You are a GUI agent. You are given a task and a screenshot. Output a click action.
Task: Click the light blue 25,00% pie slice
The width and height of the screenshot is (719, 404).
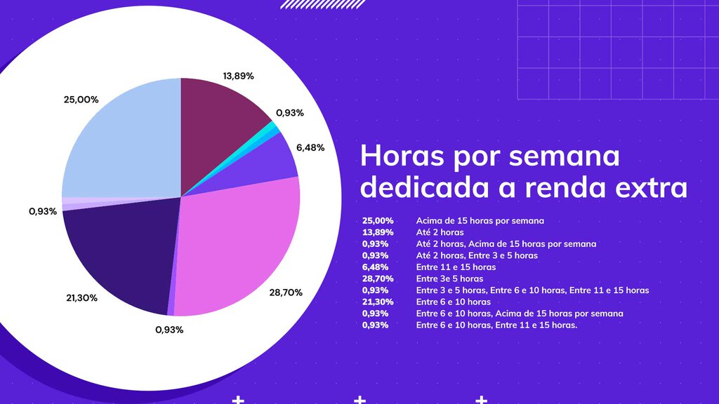(x=123, y=140)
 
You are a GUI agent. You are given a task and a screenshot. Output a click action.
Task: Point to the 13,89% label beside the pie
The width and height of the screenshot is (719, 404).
(x=238, y=76)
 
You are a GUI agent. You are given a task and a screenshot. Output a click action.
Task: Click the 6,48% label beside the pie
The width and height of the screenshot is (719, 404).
(x=310, y=147)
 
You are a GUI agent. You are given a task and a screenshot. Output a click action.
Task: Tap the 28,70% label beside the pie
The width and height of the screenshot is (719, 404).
(x=286, y=292)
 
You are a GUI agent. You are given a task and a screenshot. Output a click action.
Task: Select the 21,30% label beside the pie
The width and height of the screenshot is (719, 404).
(x=81, y=297)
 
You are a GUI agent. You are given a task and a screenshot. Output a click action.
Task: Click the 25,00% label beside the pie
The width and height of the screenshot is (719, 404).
(x=81, y=100)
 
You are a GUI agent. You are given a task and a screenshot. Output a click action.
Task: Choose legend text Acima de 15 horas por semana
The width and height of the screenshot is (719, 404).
(x=480, y=220)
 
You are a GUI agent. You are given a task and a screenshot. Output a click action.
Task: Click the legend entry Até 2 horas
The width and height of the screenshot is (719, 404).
(x=440, y=232)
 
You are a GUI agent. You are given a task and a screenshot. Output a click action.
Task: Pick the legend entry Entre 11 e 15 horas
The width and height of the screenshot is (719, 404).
(x=456, y=267)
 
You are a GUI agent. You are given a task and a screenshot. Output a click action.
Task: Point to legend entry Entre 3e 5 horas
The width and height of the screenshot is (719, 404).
(x=449, y=278)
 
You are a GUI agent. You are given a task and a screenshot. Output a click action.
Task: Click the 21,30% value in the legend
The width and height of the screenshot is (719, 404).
(x=378, y=302)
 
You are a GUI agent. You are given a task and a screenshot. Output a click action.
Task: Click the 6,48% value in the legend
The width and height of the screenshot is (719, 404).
(x=376, y=267)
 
